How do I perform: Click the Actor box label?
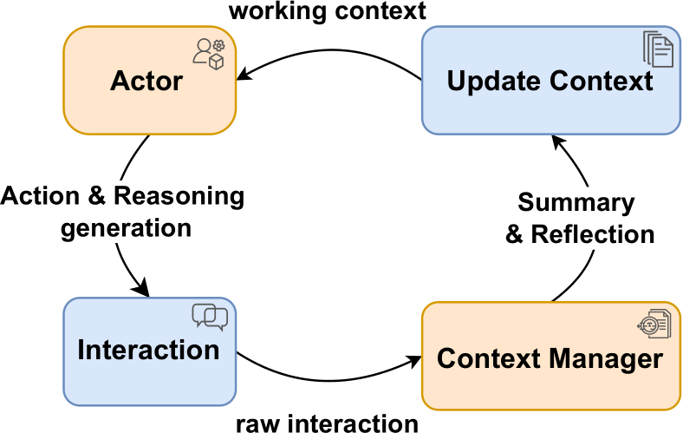[146, 81]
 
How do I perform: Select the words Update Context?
[550, 81]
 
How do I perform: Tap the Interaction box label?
[148, 351]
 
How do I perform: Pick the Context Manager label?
[550, 359]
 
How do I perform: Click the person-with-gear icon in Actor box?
[209, 54]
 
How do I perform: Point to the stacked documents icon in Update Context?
[658, 49]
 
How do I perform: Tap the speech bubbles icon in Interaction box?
[210, 317]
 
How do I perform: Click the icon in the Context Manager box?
[654, 324]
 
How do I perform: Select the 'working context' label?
[327, 10]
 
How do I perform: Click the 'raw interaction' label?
[327, 423]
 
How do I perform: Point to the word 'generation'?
[126, 229]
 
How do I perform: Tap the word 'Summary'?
[576, 203]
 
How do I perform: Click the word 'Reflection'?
[592, 234]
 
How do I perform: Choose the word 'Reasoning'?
[179, 196]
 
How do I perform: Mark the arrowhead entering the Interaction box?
[142, 289]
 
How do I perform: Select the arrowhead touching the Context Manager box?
[413, 360]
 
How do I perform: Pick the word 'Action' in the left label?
[40, 196]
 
